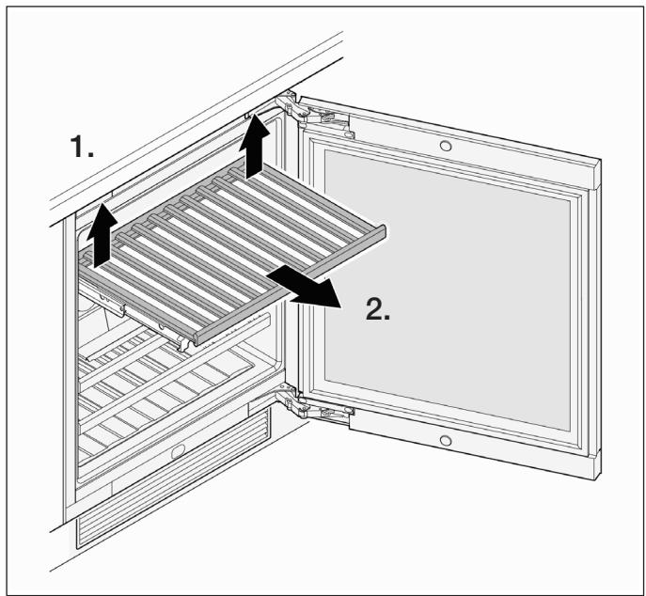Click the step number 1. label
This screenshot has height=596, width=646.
coord(83,147)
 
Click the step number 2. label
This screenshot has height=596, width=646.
coord(378,309)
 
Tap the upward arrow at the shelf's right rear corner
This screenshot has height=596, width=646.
coord(255,147)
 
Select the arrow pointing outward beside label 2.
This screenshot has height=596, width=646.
coord(304,287)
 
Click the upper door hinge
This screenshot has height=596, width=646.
coord(313,116)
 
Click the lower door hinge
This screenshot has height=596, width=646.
coord(313,406)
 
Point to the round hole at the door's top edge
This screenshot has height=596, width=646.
coord(446,146)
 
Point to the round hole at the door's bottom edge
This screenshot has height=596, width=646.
coord(446,440)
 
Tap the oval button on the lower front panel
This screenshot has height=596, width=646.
coord(179,452)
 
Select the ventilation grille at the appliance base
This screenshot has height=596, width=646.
coord(173,486)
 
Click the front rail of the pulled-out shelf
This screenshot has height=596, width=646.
coord(291,284)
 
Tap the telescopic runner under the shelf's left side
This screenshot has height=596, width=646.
coord(103,297)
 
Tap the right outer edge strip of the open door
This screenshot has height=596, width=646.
coord(594,322)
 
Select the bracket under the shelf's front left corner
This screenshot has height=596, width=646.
coord(185,341)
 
